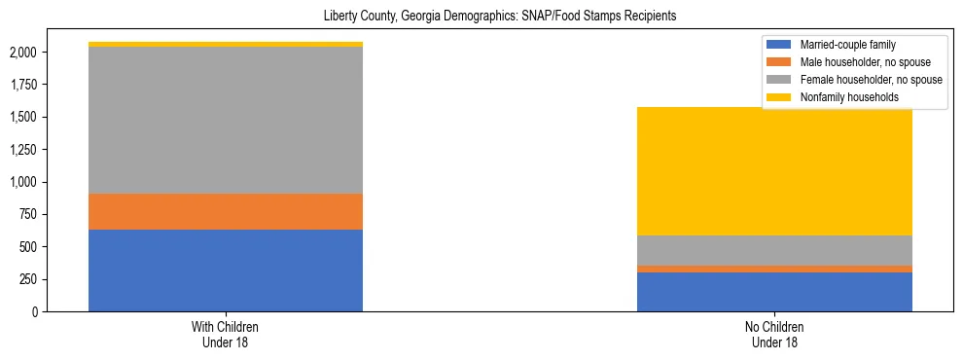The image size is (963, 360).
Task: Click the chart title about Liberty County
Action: pos(499,16)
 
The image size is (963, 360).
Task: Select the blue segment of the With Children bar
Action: pos(226,270)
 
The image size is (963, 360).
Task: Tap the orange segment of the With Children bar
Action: pos(226,211)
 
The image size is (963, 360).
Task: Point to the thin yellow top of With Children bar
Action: pos(226,44)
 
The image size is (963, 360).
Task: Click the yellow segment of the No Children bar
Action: pos(774,171)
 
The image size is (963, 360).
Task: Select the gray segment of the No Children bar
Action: pos(774,250)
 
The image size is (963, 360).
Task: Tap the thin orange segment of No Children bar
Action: pos(774,269)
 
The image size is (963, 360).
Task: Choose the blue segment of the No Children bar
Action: pos(774,292)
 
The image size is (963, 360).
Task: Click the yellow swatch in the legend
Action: pos(780,96)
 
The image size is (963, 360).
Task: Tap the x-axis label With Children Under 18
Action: pos(226,335)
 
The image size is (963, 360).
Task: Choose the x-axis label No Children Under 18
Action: pos(774,335)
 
